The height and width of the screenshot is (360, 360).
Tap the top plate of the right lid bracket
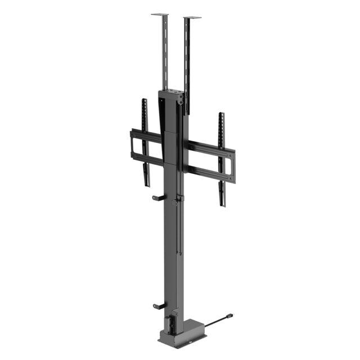point(192,17)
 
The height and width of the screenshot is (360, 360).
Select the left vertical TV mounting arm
point(145,141)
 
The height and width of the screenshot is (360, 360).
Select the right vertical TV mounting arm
point(222,157)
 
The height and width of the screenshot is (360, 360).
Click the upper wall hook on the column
point(157,198)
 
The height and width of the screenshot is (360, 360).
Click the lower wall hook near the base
point(159,307)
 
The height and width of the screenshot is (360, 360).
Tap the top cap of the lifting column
point(171,93)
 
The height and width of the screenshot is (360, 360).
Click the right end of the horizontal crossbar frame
point(232,166)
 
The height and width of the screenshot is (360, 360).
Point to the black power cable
point(214,323)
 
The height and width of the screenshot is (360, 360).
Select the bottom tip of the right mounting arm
point(223,204)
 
